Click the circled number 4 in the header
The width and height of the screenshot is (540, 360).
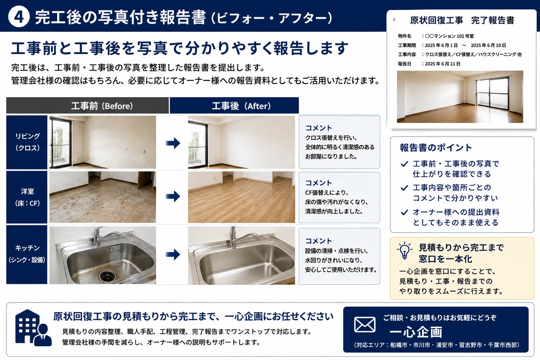[x=19, y=17]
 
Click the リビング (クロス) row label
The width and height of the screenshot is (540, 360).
[x=27, y=142]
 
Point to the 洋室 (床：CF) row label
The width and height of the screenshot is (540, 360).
[x=27, y=197]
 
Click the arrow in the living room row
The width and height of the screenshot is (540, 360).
[x=173, y=143]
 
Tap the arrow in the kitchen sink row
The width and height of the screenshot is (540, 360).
[x=173, y=255]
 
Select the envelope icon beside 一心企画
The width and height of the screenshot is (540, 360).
[x=365, y=324]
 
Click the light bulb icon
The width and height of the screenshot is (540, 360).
[x=405, y=251]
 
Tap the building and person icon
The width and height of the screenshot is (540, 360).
[x=33, y=328]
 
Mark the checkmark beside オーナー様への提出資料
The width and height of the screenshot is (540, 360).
[x=405, y=212]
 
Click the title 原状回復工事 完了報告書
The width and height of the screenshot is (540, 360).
[x=462, y=20]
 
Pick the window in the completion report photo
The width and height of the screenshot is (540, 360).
[x=492, y=93]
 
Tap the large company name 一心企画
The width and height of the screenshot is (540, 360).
[x=416, y=332]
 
